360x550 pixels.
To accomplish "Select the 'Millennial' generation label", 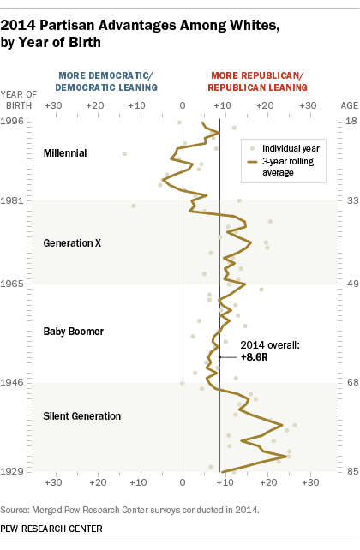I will (64, 153).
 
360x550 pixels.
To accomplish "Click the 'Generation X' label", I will (72, 243).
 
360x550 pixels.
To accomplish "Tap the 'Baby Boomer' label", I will (73, 330).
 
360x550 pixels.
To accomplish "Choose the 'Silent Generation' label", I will (81, 416).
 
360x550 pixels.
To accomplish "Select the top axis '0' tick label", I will (182, 105).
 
